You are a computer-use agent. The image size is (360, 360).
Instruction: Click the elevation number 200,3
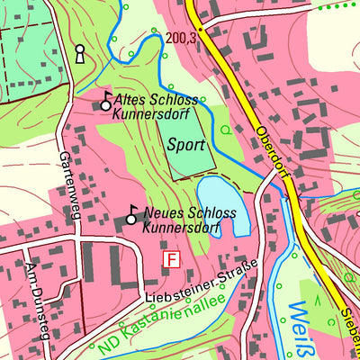click(x=181, y=37)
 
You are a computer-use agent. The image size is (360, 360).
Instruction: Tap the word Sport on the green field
click(x=185, y=144)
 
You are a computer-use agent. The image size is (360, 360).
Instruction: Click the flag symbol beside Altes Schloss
click(x=105, y=102)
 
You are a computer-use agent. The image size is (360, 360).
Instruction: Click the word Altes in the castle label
click(x=132, y=101)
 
